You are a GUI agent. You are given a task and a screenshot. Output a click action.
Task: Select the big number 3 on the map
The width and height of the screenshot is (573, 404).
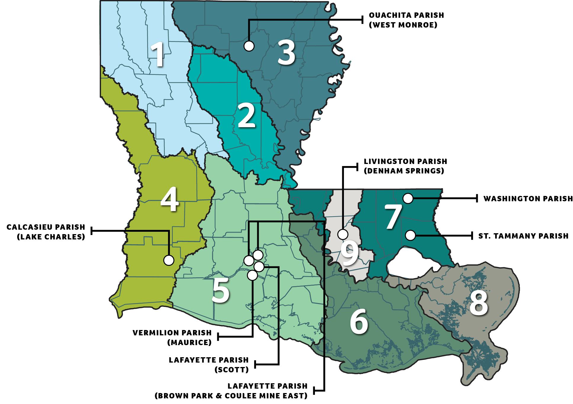[286, 53]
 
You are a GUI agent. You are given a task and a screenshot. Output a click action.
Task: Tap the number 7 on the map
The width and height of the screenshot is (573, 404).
[393, 218]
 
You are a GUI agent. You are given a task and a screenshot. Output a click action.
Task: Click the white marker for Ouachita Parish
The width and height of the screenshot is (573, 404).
[249, 46]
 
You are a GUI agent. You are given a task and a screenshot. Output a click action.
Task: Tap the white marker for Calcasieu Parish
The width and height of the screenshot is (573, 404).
[169, 260]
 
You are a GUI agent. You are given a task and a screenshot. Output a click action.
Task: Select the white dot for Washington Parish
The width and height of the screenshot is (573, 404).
[408, 199]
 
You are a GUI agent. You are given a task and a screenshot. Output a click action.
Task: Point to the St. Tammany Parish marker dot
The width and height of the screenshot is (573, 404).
[410, 236]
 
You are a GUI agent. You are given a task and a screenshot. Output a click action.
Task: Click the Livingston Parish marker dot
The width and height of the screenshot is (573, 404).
[343, 234]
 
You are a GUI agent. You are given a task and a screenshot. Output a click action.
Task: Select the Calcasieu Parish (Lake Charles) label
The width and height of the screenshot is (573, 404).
[46, 232]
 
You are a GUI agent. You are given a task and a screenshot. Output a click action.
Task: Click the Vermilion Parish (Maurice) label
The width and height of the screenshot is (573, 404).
[172, 337]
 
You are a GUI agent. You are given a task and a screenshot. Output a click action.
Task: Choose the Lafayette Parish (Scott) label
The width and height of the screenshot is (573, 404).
[209, 365]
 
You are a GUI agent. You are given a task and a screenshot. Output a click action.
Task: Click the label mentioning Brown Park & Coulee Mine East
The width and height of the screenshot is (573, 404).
[231, 391]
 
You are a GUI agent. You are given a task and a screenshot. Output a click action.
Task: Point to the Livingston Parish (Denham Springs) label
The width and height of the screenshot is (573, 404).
[405, 166]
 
